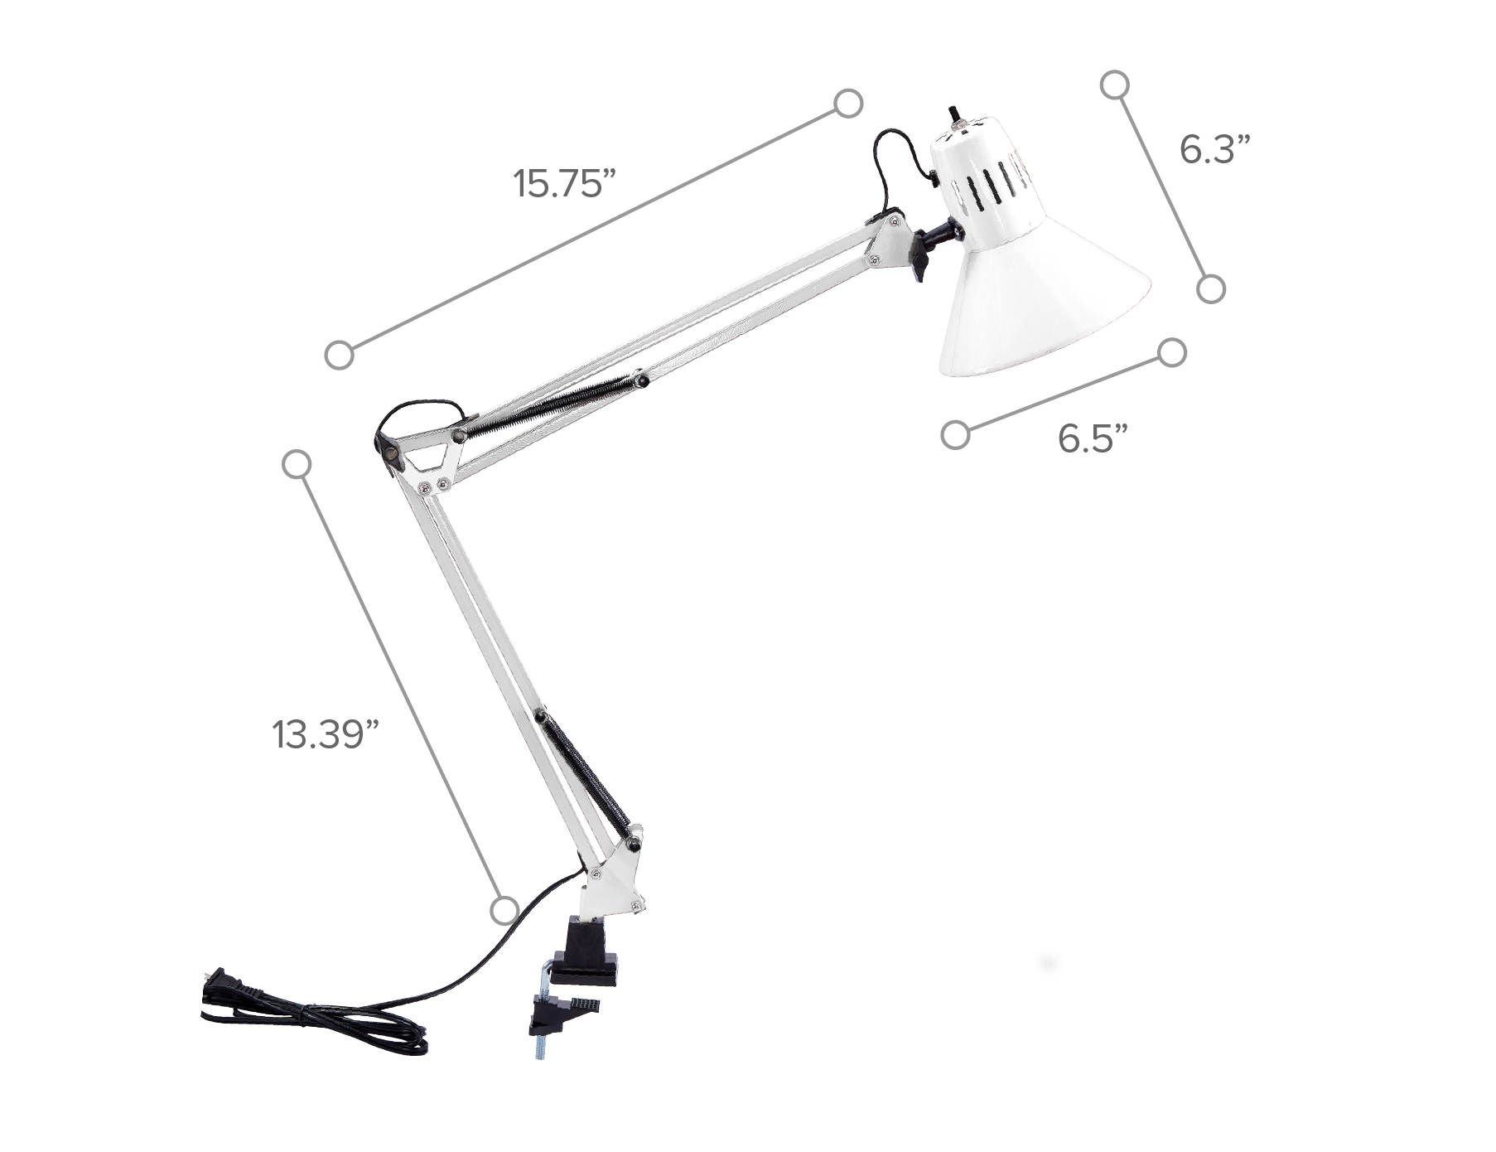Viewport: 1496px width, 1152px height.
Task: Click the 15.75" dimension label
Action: (564, 183)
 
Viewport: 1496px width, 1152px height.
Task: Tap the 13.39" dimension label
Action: (325, 734)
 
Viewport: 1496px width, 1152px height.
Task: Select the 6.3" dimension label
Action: (1214, 150)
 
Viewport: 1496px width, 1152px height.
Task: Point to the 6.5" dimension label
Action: (1093, 438)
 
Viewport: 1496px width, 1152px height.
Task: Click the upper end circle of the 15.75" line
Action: (848, 104)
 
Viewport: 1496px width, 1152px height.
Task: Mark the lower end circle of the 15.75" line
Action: (339, 355)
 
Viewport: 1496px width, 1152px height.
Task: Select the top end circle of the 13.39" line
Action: (297, 464)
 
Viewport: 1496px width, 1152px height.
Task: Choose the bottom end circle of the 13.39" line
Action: (504, 910)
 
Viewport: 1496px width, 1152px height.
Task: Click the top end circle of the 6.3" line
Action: (1115, 85)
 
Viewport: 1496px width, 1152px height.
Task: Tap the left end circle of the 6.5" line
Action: (955, 435)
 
